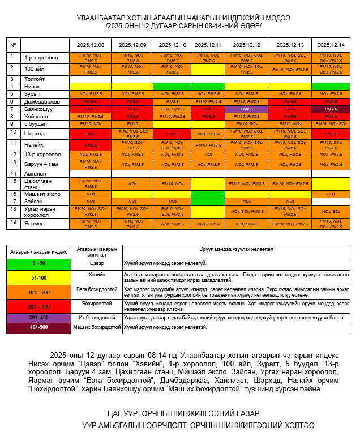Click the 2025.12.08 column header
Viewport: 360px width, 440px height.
point(90,45)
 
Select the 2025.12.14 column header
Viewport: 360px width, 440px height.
point(331,45)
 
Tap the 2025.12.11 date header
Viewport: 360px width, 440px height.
point(208,45)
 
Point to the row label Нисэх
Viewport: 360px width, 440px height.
point(32,86)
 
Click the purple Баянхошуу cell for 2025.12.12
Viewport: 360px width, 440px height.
point(246,109)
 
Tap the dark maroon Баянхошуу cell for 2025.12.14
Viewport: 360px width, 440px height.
point(331,109)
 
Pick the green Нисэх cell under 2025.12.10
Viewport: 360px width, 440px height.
point(172,86)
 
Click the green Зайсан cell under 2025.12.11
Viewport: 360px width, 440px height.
point(208,201)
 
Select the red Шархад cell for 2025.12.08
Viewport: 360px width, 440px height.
point(90,134)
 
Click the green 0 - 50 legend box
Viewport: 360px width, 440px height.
point(39,263)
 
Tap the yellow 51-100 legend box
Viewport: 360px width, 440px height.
point(39,277)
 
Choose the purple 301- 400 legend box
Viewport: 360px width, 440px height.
point(39,318)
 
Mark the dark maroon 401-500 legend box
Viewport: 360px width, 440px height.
point(39,327)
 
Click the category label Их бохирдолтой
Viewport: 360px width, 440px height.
point(97,318)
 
